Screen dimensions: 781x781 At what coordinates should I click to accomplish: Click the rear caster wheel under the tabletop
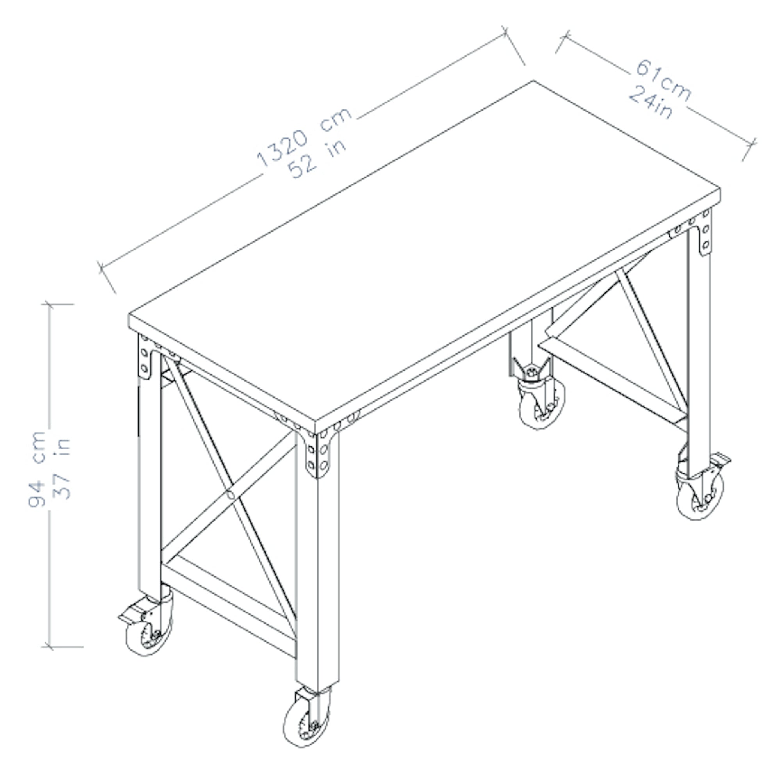[542, 404]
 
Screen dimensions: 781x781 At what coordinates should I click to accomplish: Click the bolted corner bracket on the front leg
[317, 453]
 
